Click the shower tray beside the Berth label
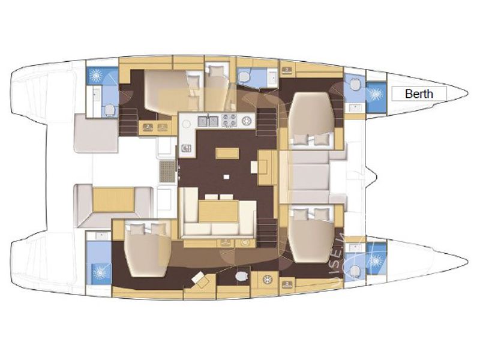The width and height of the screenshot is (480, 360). click(x=376, y=94)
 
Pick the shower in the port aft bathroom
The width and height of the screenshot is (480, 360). click(x=96, y=76)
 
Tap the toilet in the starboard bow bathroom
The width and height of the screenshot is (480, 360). click(x=354, y=271)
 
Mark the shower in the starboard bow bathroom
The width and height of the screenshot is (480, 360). click(x=376, y=260)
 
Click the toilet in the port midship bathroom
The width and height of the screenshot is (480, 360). click(x=245, y=76)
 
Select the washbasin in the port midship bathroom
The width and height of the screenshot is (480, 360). click(x=271, y=77)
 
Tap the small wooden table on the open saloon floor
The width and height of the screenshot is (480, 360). click(x=227, y=153)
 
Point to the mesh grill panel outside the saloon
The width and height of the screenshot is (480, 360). click(x=167, y=170)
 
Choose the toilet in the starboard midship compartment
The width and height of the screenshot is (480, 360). click(x=241, y=275)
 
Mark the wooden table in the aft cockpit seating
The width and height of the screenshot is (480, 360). click(x=114, y=199)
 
